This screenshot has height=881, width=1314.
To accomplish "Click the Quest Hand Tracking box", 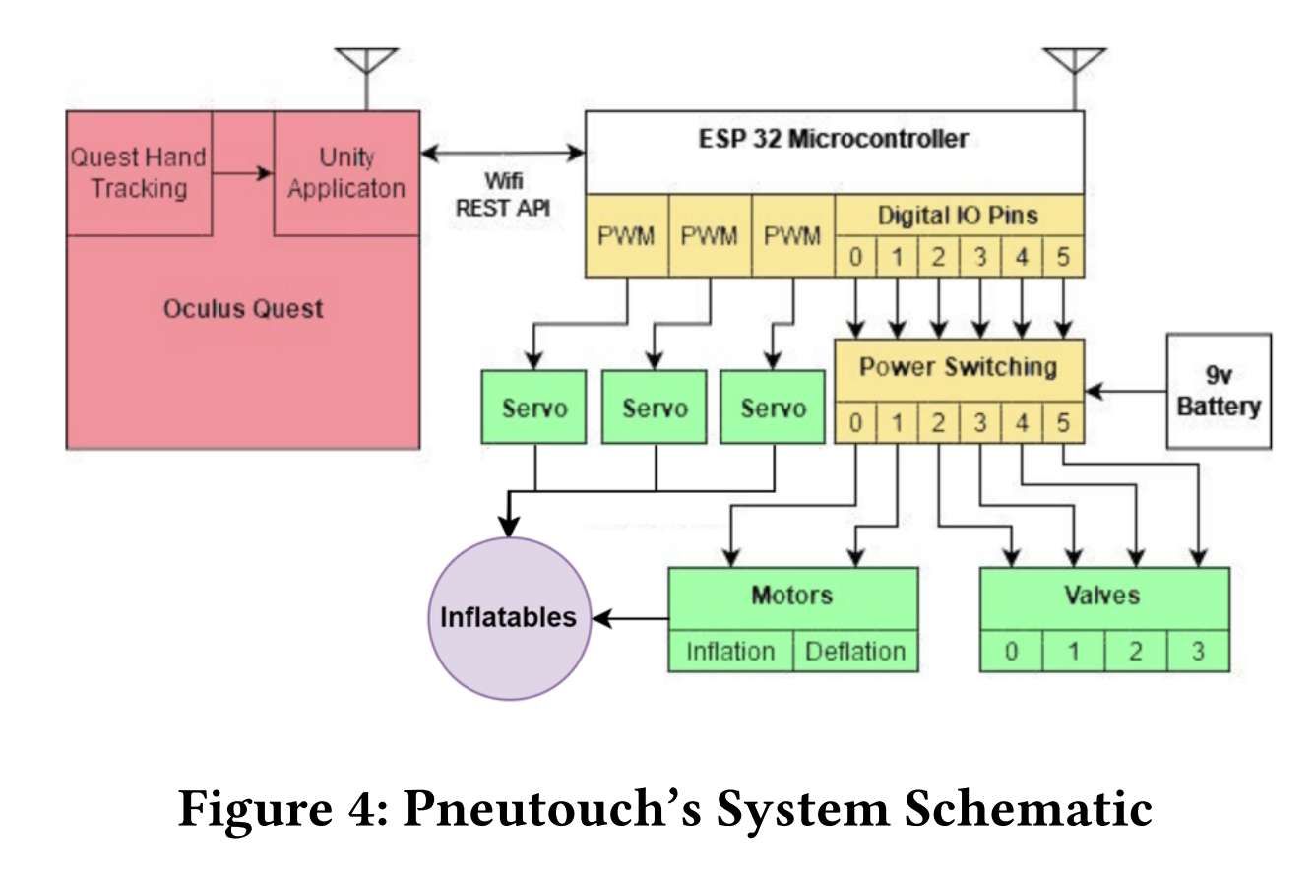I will pos(139,173).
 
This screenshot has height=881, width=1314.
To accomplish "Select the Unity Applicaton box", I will pos(346,173).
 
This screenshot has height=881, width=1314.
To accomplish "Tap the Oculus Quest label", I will pos(242,308).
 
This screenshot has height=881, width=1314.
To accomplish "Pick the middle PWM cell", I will pos(710,237).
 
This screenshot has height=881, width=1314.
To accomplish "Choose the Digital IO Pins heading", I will pos(958,214).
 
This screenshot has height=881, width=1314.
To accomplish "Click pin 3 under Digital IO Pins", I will pos(979,258).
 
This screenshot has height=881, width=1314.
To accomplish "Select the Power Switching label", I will pos(958,367).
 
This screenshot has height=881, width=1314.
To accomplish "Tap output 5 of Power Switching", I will pos(1062,423).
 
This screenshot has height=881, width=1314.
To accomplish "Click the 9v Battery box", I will pos(1218,391).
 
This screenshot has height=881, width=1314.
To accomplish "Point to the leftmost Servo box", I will pos(534,407).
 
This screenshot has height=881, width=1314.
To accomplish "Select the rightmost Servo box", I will pos(773,407).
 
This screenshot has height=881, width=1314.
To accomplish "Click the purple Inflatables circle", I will pos(509,618).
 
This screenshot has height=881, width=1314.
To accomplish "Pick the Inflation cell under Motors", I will pos(730,651).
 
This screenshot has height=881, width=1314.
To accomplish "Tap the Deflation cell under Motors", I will pos(854,651).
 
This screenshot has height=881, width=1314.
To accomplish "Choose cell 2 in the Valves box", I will pos(1135,652).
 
